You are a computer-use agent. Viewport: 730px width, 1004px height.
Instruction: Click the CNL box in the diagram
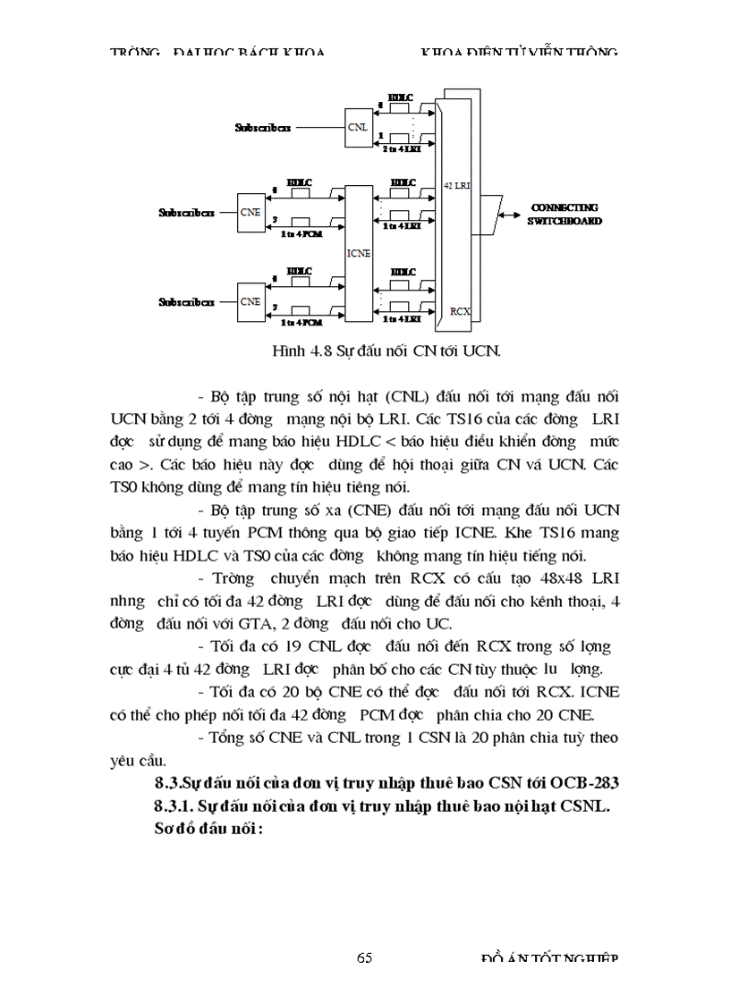click(356, 126)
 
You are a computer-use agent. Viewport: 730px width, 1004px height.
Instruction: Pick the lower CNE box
click(250, 301)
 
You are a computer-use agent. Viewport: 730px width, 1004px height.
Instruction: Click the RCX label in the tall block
click(461, 310)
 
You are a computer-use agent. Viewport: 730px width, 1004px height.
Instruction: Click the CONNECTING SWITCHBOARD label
click(564, 213)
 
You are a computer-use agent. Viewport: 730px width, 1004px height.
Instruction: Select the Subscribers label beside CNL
click(262, 127)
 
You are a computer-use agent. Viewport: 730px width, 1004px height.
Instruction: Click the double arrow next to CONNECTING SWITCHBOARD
click(511, 214)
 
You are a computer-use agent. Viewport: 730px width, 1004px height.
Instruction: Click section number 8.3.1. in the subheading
click(174, 806)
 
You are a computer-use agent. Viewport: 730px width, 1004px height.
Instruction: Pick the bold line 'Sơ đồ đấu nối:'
click(208, 828)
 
